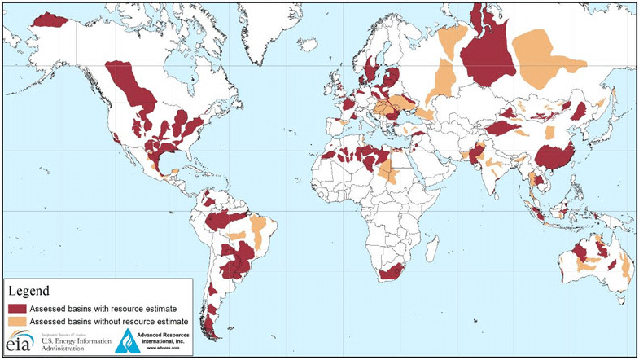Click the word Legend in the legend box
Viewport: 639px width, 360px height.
pyautogui.click(x=29, y=291)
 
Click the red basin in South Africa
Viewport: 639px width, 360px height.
pyautogui.click(x=392, y=271)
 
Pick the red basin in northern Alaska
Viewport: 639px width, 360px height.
pyautogui.click(x=50, y=20)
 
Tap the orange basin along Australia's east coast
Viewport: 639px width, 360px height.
pyautogui.click(x=625, y=265)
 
